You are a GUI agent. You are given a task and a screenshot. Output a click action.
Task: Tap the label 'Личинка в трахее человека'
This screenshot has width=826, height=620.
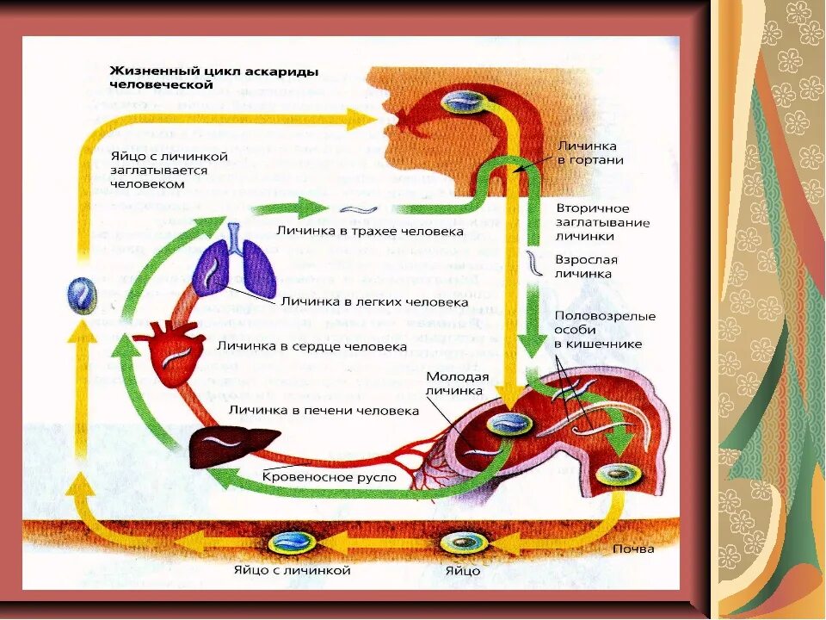pyautogui.click(x=370, y=231)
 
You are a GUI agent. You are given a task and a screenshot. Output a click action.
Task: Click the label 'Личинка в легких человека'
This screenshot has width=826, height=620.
pyautogui.click(x=374, y=302)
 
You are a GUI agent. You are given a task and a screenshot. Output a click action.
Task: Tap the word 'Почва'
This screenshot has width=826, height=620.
pyautogui.click(x=635, y=549)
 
